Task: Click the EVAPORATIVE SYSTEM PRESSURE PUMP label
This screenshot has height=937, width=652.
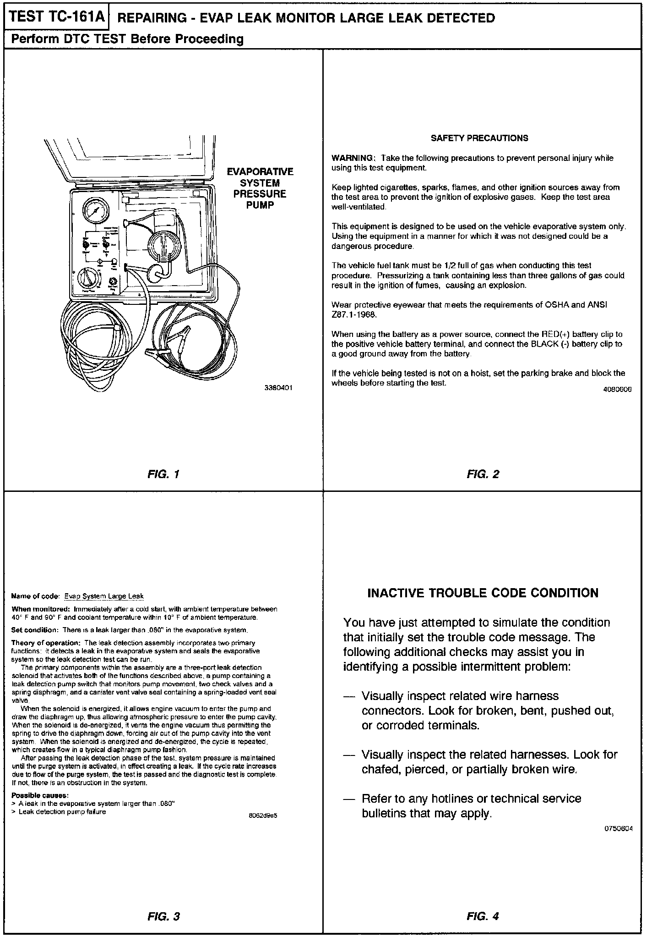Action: (260, 188)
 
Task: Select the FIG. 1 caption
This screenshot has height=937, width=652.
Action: (163, 474)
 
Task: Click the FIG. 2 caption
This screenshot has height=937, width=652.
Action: (483, 474)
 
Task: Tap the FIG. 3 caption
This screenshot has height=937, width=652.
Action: (163, 916)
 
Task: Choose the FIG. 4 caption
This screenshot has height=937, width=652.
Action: (483, 916)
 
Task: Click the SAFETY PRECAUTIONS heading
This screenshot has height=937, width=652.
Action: (479, 138)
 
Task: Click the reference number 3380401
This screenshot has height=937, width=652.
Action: (278, 388)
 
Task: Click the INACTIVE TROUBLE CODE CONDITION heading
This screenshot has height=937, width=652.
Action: (483, 593)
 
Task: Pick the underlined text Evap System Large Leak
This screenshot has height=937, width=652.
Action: (104, 596)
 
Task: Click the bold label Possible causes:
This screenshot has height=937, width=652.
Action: (40, 795)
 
